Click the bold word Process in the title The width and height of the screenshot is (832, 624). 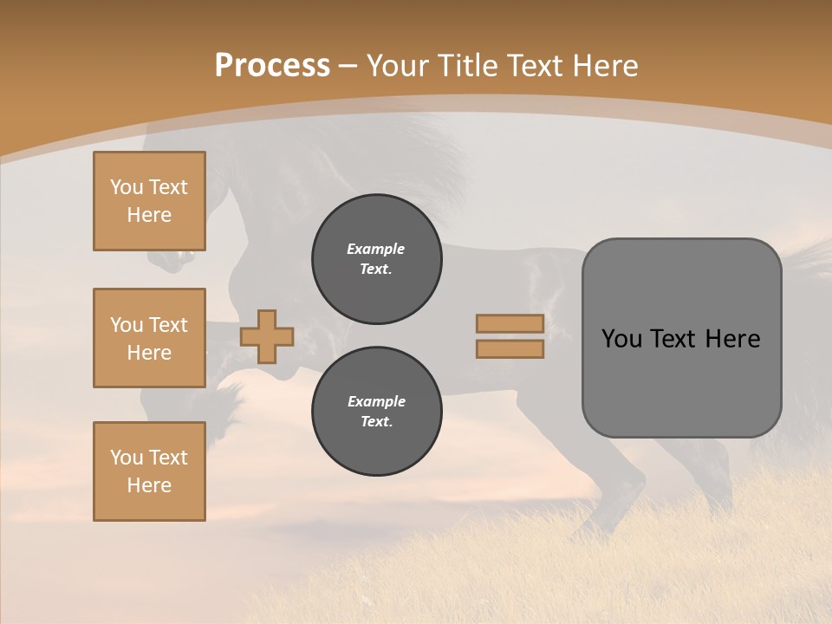pos(272,66)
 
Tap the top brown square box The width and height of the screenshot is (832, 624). pos(149,201)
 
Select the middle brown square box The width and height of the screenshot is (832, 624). pos(149,338)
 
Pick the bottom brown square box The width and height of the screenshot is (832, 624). pos(149,471)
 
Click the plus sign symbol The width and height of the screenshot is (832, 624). pos(267,336)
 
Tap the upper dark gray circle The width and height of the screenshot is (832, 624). pos(376,259)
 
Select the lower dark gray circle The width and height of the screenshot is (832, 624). pos(376,412)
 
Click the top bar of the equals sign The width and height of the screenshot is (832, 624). pos(510,323)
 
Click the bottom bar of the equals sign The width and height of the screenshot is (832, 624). pos(510,349)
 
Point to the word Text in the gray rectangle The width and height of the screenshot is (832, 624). pos(679,339)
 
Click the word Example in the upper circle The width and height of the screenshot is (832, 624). pos(376,250)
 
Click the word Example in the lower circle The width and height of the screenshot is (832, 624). pos(376,402)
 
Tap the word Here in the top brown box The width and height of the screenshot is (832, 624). pos(149,215)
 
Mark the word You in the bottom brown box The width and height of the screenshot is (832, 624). pos(127,458)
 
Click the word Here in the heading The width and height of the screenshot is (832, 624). pos(606,66)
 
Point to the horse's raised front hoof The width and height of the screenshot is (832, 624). pos(165,258)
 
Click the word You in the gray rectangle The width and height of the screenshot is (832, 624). pos(621,339)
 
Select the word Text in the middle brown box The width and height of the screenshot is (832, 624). pos(167,325)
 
